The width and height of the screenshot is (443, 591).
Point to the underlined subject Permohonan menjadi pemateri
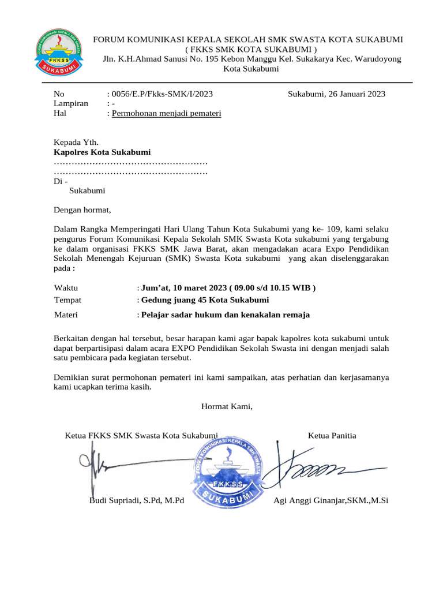(167, 114)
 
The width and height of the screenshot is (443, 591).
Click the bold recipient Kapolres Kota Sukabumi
(102, 152)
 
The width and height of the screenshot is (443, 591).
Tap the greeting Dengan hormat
(82, 210)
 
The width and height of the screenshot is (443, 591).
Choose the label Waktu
(66, 288)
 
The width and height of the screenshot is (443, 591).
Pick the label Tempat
(67, 300)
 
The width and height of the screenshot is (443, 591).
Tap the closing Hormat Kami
(227, 407)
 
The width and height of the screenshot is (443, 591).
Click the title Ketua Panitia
(332, 435)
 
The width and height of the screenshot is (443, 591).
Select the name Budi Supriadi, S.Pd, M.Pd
(136, 500)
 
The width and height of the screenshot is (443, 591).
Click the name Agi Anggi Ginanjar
(331, 500)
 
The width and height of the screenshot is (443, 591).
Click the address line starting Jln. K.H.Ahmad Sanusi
(251, 59)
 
